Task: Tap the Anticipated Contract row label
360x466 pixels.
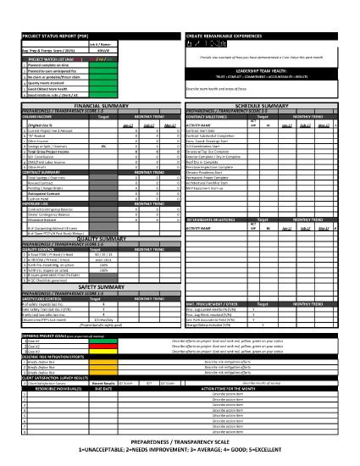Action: click(29, 192)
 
